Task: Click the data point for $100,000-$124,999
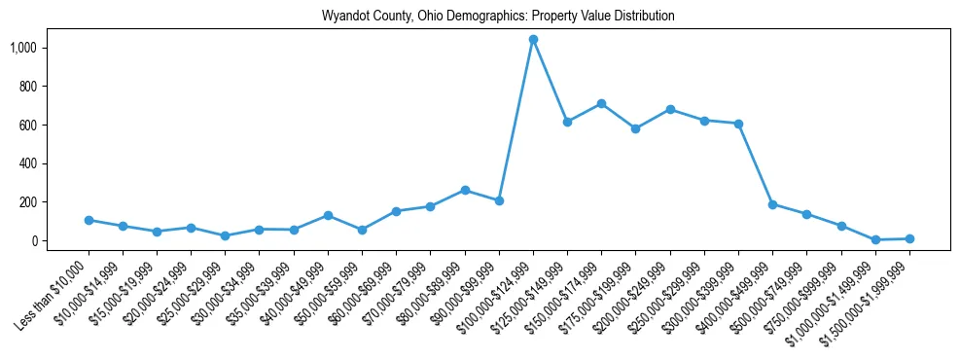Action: click(533, 40)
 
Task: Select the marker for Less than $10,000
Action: click(89, 220)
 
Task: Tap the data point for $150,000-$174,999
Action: click(601, 103)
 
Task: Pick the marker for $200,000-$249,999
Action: click(670, 109)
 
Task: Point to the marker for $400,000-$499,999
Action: click(772, 204)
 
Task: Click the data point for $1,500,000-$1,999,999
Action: click(909, 238)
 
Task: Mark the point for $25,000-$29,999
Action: click(226, 235)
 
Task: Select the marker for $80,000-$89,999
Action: click(465, 190)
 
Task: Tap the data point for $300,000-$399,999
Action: click(738, 124)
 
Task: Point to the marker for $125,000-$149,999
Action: click(567, 122)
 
